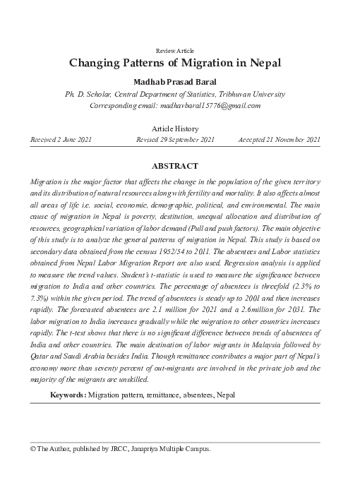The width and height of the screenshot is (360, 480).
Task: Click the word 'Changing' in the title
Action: click(x=96, y=63)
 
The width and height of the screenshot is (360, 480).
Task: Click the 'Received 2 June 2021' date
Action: click(x=61, y=140)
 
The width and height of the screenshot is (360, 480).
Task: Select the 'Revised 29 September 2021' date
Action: click(x=175, y=140)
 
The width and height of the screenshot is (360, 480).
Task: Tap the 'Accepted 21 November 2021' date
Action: click(x=280, y=140)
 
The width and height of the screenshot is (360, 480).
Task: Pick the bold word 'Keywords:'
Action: click(x=68, y=394)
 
